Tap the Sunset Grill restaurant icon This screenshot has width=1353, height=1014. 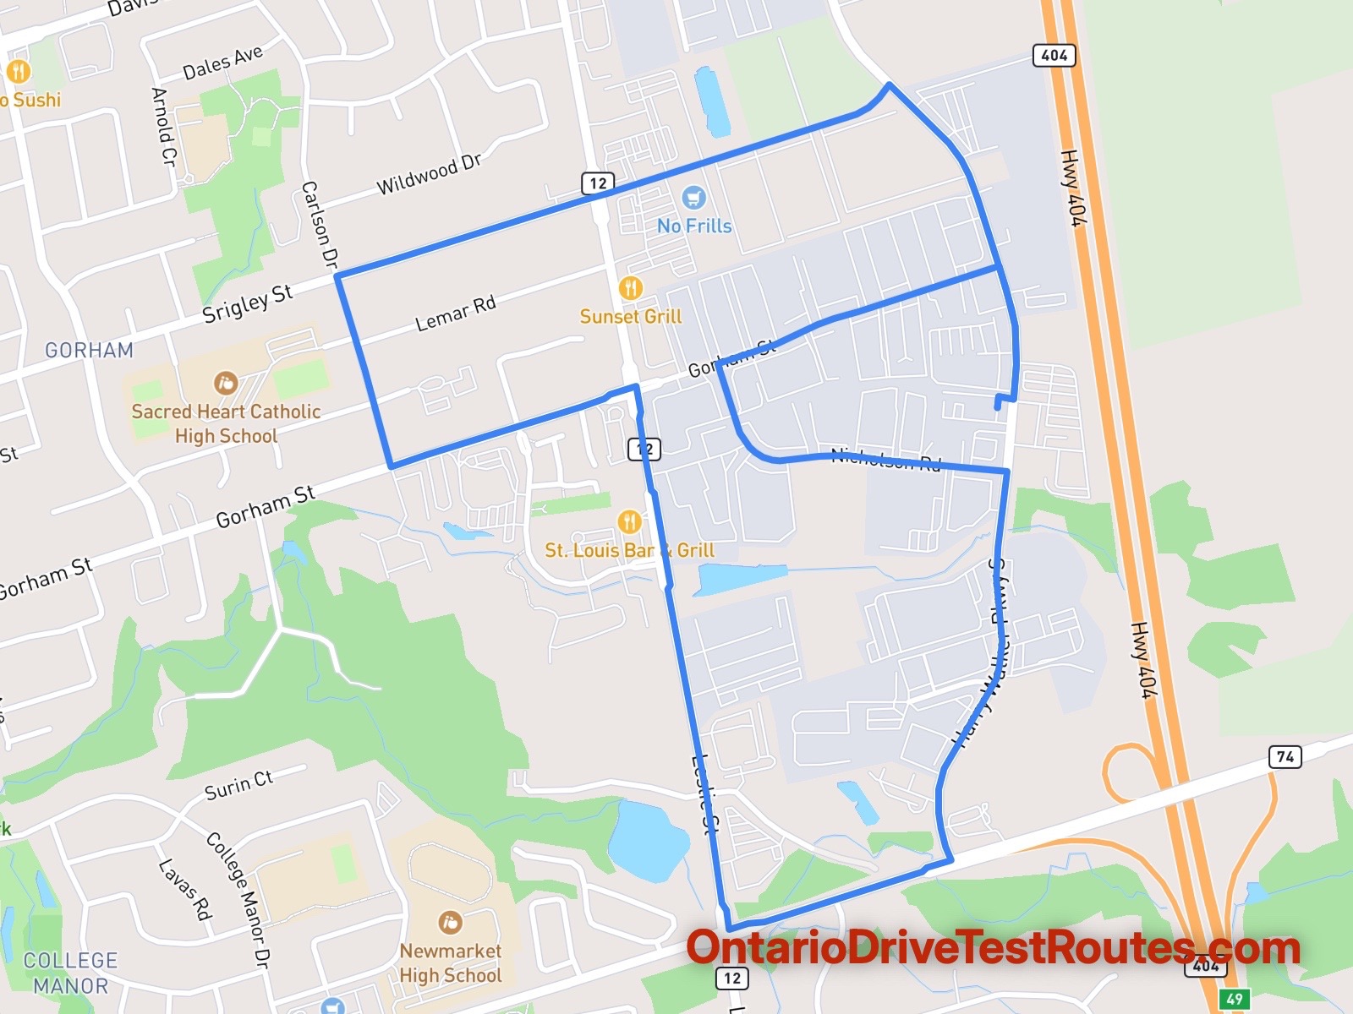tap(630, 288)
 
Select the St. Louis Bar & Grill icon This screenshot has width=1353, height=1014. tap(629, 521)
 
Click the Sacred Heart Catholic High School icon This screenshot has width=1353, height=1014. tap(225, 384)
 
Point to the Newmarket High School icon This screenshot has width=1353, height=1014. tap(450, 922)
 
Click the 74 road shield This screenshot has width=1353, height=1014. tap(1285, 756)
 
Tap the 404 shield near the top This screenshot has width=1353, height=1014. tap(1054, 56)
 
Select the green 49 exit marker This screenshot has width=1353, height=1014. tap(1234, 999)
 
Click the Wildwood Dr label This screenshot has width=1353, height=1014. tap(428, 175)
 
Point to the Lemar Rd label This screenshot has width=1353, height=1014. tap(455, 313)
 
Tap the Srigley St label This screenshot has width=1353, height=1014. tap(247, 303)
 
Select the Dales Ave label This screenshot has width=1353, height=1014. tap(222, 63)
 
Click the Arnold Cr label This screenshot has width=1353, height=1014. tap(162, 126)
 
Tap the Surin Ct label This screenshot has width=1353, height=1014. tap(238, 786)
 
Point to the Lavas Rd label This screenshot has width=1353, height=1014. tap(184, 889)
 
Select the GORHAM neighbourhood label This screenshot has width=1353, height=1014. tap(89, 350)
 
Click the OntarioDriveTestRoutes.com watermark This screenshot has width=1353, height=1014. tap(993, 948)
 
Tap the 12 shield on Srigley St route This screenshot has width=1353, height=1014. tap(598, 183)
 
